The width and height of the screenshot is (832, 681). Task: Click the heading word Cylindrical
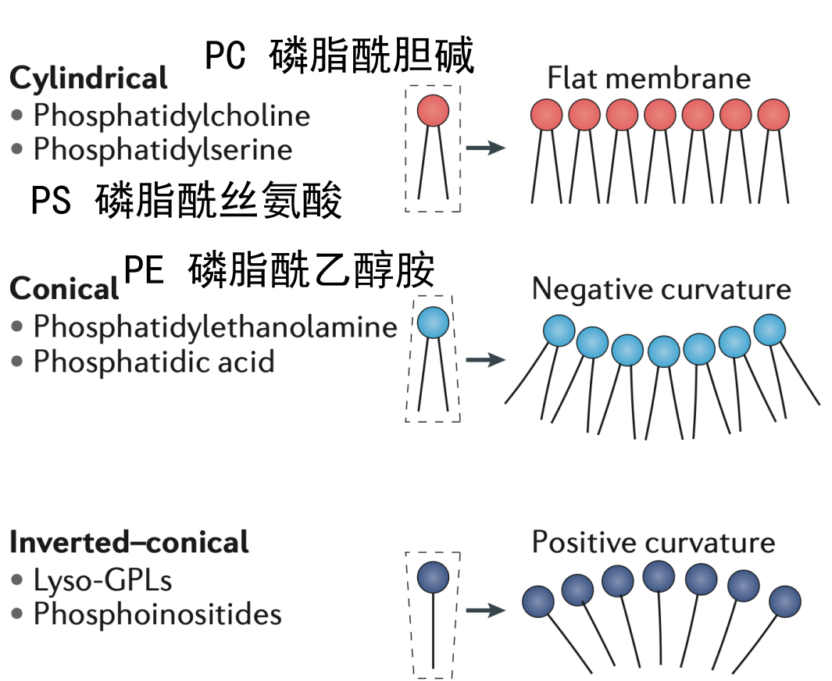88,78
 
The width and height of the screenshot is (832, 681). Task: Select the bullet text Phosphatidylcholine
171,116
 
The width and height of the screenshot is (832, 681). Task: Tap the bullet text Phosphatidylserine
162,149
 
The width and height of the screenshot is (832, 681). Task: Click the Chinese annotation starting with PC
339,56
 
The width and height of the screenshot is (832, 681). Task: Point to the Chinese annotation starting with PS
186,201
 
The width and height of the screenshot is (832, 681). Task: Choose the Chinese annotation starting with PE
279,271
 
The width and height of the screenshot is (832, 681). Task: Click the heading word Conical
64,290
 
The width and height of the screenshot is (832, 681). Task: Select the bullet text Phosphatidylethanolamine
215,326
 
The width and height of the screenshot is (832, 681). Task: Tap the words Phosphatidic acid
153,362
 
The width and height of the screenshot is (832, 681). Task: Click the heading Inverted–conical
129,542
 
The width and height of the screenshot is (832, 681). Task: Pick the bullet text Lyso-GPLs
102,580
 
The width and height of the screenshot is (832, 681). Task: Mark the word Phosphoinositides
157,614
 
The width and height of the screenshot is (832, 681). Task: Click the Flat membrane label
648,79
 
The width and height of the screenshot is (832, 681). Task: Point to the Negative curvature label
661,290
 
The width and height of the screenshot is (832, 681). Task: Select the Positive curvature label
653,542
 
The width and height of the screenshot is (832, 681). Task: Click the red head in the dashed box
433,111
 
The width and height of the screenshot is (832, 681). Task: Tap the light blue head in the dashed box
433,323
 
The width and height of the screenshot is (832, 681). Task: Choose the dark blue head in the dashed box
433,577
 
